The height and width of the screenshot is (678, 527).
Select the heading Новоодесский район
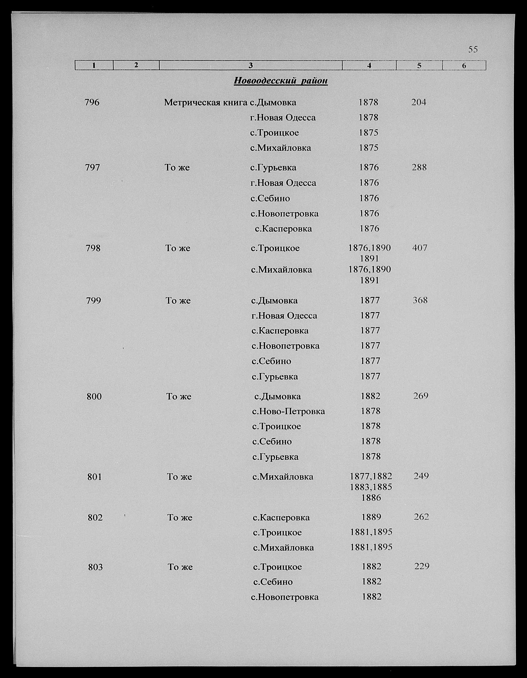pyautogui.click(x=280, y=81)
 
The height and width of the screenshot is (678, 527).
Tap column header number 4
pyautogui.click(x=369, y=66)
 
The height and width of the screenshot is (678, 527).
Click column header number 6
pyautogui.click(x=464, y=66)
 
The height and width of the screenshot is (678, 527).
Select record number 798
pyautogui.click(x=93, y=248)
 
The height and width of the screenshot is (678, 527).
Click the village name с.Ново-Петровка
pyautogui.click(x=288, y=411)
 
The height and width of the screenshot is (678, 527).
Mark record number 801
pyautogui.click(x=95, y=476)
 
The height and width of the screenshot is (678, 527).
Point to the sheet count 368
pyautogui.click(x=420, y=300)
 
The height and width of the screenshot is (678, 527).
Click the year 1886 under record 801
pyautogui.click(x=371, y=498)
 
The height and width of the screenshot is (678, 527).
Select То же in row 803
pyautogui.click(x=180, y=567)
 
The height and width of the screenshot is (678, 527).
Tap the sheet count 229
pyautogui.click(x=422, y=566)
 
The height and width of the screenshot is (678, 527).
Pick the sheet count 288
pyautogui.click(x=419, y=167)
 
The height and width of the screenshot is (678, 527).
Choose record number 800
pyautogui.click(x=94, y=396)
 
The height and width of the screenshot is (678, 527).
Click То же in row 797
pyautogui.click(x=177, y=168)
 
